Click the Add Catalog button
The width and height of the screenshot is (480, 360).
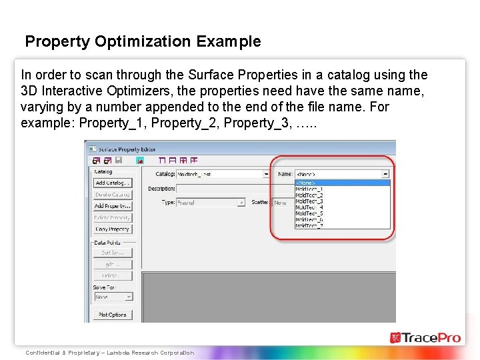click(x=113, y=183)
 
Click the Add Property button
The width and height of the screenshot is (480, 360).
click(x=113, y=206)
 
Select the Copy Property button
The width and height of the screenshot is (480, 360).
click(x=113, y=229)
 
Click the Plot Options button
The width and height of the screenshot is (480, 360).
click(x=113, y=315)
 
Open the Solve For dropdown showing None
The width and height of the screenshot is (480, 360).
click(x=113, y=297)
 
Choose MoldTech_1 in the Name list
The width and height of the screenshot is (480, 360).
click(x=309, y=189)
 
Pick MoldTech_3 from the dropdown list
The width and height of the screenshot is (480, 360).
click(x=309, y=201)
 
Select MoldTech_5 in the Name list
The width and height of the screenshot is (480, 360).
click(x=309, y=213)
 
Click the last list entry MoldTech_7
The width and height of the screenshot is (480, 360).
click(x=309, y=225)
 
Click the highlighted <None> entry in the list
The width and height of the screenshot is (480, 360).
click(x=307, y=183)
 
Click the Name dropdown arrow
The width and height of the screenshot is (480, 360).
click(x=385, y=174)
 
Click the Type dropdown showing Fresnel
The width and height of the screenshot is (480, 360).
click(x=211, y=202)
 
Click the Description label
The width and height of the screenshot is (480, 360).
click(x=161, y=188)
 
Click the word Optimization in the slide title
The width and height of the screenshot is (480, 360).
click(x=143, y=41)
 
